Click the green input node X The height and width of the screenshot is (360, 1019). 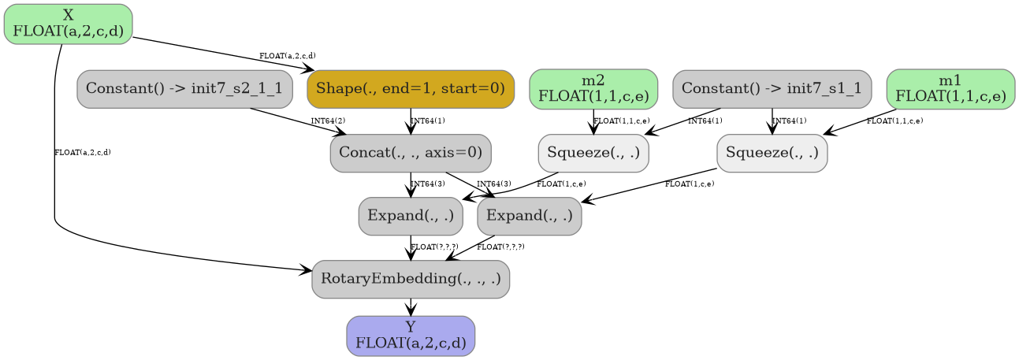68,24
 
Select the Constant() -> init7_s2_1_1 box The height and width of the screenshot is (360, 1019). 184,88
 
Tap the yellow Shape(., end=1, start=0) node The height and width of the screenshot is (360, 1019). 411,88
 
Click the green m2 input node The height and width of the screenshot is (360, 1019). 593,88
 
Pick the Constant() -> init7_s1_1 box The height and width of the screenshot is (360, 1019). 772,88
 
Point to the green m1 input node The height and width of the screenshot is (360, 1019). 950,88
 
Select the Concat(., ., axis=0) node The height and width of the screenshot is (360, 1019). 411,153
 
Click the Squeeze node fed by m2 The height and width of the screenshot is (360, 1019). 593,153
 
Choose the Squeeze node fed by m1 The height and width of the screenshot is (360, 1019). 772,153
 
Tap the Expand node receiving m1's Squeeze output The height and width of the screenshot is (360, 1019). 530,216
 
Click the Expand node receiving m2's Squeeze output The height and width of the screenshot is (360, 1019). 411,216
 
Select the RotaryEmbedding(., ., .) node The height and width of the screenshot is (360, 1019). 411,280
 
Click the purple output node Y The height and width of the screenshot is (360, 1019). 411,336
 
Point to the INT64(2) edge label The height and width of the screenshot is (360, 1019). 328,121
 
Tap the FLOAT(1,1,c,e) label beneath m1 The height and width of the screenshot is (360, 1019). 894,121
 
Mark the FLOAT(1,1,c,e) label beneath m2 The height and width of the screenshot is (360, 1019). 622,121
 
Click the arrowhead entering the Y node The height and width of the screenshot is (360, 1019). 411,311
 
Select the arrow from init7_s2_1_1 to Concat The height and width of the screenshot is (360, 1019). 292,120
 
